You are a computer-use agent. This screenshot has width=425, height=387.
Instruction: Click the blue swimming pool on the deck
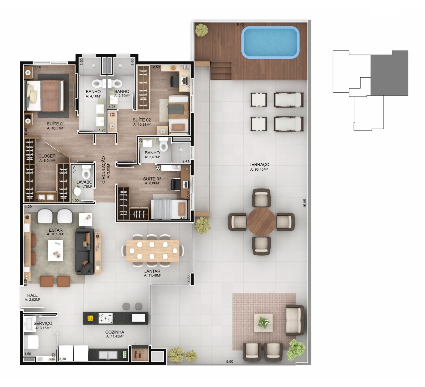point(270,42)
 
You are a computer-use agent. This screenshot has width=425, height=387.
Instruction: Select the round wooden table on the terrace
point(261,221)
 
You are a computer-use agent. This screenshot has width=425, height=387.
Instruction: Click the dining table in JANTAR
point(153,251)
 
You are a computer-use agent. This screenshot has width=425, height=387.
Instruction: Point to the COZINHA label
point(115,332)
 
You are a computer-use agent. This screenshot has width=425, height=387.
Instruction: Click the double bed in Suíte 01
point(44,95)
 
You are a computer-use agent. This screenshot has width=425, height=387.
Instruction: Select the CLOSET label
point(46,156)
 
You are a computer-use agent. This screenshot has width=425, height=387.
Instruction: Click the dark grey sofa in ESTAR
point(85,252)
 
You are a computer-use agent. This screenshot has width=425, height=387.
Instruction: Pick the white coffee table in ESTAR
point(55,250)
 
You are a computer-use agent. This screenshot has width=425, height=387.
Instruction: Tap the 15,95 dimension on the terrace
point(305,203)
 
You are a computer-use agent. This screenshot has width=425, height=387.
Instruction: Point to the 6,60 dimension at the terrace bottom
point(229,361)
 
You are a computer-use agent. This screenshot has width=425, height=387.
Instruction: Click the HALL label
point(33,295)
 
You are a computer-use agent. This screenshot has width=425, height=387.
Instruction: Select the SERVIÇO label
point(43,324)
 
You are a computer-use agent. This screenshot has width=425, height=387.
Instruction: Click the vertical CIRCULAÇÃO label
point(103,170)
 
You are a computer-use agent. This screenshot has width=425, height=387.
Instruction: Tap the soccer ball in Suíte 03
point(158,168)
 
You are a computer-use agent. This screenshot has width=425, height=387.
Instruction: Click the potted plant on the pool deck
point(201,30)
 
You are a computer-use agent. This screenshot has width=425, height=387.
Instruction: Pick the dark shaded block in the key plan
point(389,73)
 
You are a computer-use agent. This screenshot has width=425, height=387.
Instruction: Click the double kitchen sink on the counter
point(108,355)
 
